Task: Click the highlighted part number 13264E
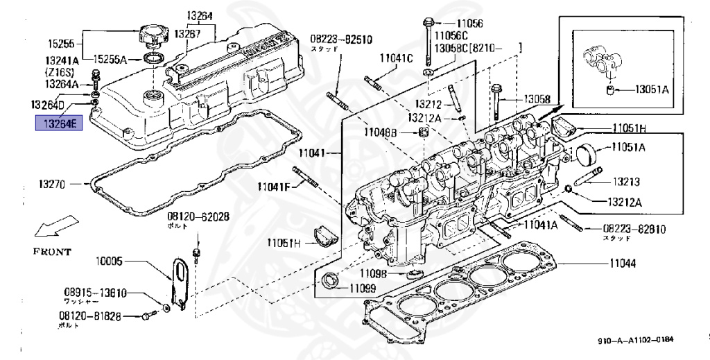tap(60, 124)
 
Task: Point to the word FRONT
tap(52, 252)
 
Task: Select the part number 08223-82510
tap(341, 40)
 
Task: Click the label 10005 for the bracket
tap(110, 262)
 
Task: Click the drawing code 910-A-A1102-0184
tap(636, 340)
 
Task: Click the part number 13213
tap(625, 182)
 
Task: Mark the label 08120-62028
tap(197, 217)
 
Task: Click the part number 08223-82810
tap(634, 228)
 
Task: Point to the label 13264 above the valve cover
tap(199, 16)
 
